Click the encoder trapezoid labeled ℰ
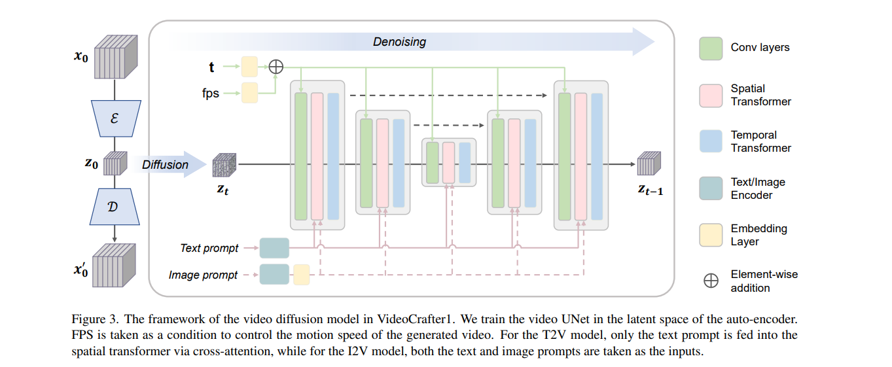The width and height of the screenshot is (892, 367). [115, 118]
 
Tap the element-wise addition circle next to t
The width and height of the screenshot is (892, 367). [276, 66]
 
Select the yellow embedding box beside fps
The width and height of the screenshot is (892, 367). [249, 93]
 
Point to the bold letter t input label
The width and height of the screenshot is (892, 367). [211, 67]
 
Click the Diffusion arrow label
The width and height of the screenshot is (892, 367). [165, 165]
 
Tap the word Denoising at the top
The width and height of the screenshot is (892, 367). [399, 42]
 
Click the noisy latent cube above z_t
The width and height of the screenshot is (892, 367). [224, 165]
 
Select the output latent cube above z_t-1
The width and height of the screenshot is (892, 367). [649, 164]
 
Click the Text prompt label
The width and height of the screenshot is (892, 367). [209, 249]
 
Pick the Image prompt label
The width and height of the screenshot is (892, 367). [203, 275]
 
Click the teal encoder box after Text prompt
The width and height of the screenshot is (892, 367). [274, 249]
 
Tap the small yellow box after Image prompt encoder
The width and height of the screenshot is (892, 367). [301, 275]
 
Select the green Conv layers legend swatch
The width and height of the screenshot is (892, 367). [710, 48]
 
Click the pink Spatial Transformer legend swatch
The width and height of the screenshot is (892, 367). [710, 95]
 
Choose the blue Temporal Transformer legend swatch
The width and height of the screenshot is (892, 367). [710, 141]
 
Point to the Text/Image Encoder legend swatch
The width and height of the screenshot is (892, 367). [710, 188]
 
